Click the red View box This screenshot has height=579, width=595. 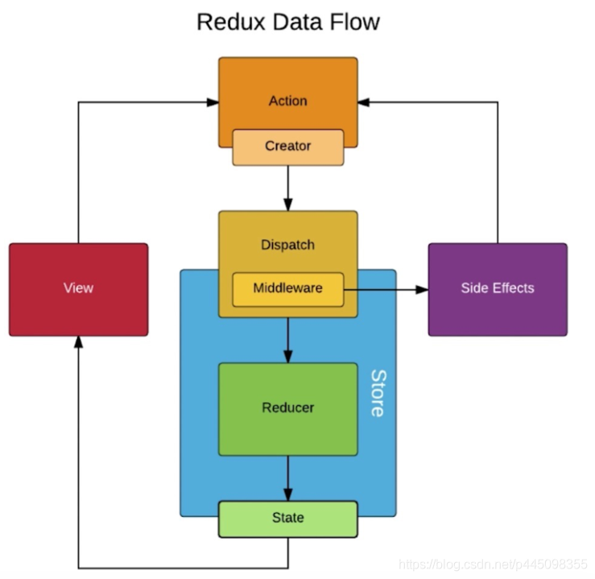tap(78, 288)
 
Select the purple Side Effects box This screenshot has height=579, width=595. tap(497, 288)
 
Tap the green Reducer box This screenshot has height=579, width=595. tap(287, 407)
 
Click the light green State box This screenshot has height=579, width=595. tap(287, 518)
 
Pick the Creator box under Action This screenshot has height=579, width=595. tap(287, 147)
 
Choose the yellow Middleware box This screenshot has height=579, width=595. tap(287, 288)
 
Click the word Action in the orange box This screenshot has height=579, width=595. tap(287, 101)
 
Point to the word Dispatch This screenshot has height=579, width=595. tap(287, 245)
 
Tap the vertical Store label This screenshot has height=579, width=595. tap(376, 393)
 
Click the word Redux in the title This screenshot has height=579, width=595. tap(229, 22)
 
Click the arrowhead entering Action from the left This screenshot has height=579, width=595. tap(213, 102)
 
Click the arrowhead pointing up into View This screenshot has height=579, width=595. tap(78, 342)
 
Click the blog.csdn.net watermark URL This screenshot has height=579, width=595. tap(494, 564)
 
